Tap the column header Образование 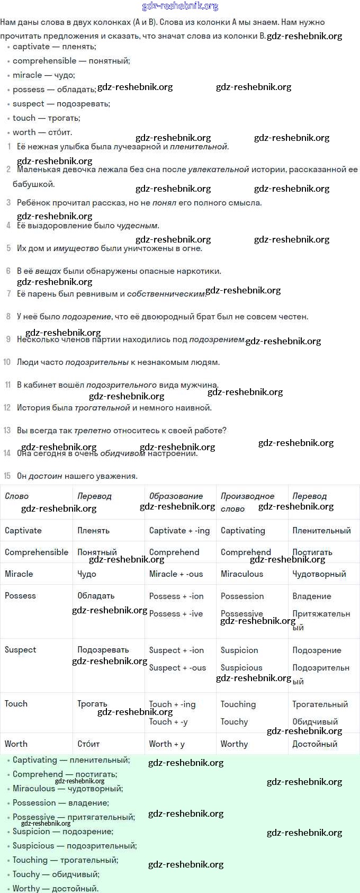click(176, 496)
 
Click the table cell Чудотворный click(319, 574)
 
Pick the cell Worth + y click(167, 744)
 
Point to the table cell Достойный click(314, 744)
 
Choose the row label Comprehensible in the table click(37, 552)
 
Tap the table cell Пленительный click(321, 530)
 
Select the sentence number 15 click(7, 476)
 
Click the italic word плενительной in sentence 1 click(199, 147)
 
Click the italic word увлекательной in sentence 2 click(218, 169)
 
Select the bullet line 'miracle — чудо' click(44, 75)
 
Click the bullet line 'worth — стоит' click(42, 132)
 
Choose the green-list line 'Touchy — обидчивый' click(56, 874)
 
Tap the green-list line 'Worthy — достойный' click(56, 888)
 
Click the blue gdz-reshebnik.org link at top click(180, 6)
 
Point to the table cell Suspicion click(239, 650)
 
